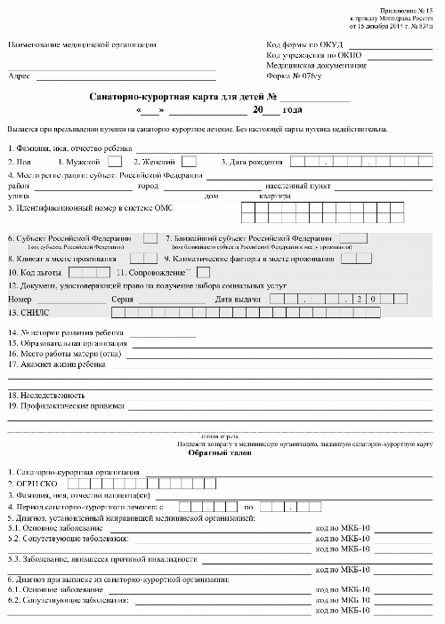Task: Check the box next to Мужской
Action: [115, 162]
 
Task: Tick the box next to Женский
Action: [189, 162]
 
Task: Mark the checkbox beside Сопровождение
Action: [203, 272]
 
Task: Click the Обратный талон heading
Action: [214, 452]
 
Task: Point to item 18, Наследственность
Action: [46, 394]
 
